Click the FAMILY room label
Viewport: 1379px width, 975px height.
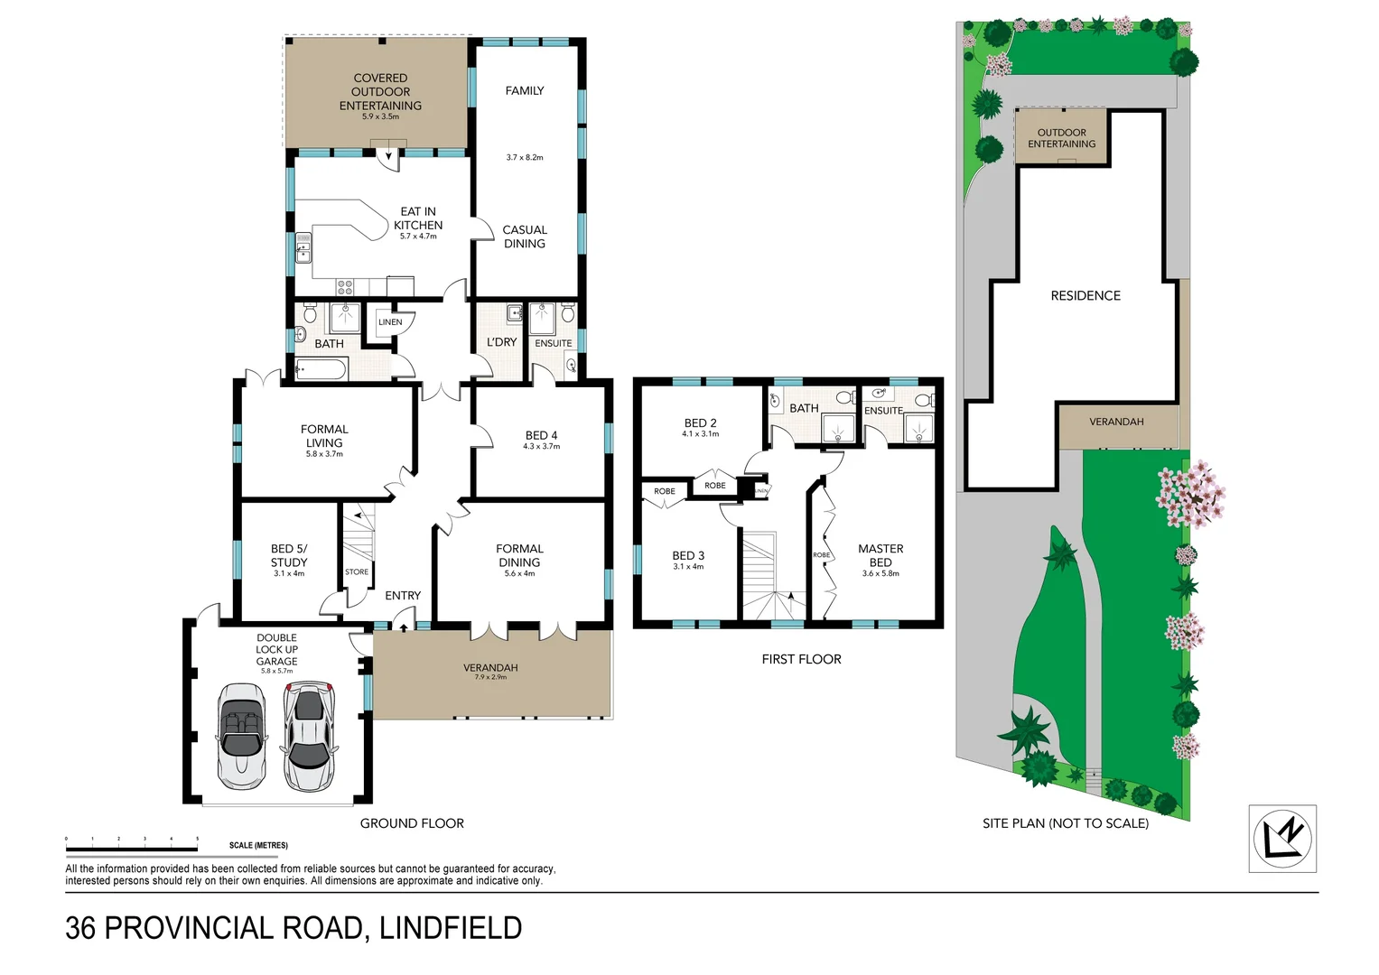click(525, 90)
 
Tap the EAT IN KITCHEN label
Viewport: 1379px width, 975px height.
click(418, 218)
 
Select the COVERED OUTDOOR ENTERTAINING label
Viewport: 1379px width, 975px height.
click(380, 92)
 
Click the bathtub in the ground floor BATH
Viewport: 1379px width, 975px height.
click(321, 369)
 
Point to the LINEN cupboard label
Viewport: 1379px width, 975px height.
click(390, 322)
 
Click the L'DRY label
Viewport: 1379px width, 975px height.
click(501, 342)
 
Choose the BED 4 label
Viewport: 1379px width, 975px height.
click(541, 435)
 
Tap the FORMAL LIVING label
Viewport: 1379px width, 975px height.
click(324, 436)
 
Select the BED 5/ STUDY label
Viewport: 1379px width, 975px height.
click(289, 555)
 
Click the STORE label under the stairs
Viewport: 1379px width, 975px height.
click(357, 572)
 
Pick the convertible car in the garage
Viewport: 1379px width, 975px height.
click(240, 735)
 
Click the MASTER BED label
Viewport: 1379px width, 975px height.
click(881, 555)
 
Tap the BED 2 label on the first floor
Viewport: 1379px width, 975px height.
click(700, 422)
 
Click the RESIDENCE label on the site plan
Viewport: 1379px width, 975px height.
click(1085, 296)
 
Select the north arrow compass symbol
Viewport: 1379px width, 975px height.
click(1282, 839)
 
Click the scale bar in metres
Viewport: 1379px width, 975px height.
click(132, 848)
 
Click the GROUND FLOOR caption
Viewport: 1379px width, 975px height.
click(412, 823)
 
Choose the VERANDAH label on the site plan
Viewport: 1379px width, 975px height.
click(1116, 422)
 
